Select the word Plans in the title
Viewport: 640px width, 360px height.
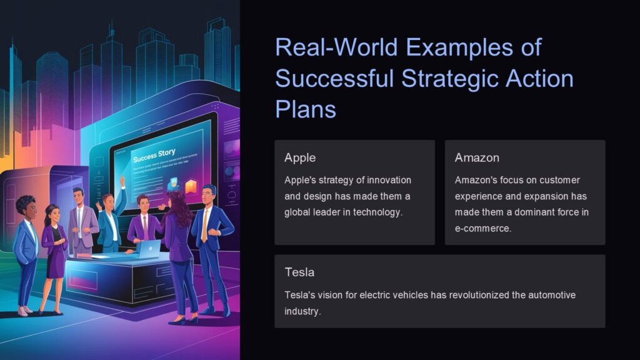pyautogui.click(x=306, y=109)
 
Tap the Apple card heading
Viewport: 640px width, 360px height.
pyautogui.click(x=299, y=157)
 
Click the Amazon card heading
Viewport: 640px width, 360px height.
pyautogui.click(x=477, y=157)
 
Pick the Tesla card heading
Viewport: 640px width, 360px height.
pyautogui.click(x=299, y=272)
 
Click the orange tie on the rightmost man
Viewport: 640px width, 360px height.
pyautogui.click(x=204, y=226)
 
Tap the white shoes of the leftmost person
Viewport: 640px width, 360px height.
pyautogui.click(x=24, y=311)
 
